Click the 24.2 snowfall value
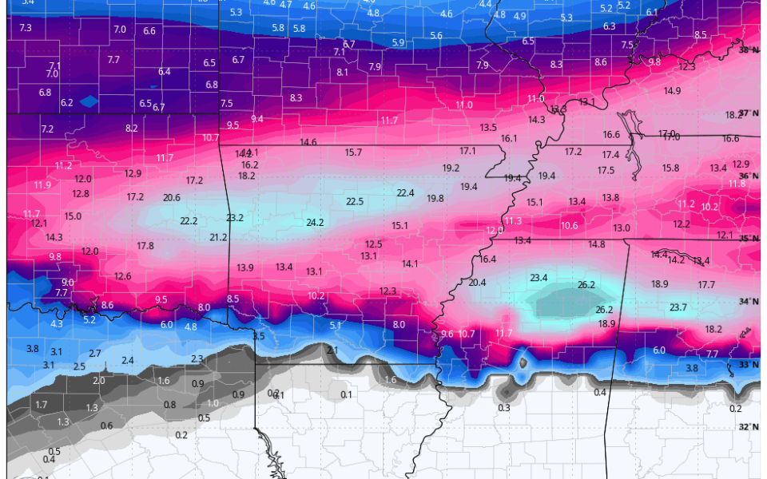click(315, 223)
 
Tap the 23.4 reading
click(538, 278)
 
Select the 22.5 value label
click(355, 201)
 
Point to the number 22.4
click(406, 192)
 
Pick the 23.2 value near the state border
click(235, 217)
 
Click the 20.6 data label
click(172, 197)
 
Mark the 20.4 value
click(477, 283)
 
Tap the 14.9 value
click(672, 91)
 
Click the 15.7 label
click(353, 152)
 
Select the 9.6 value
click(447, 334)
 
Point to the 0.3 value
click(503, 408)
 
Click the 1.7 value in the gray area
click(42, 405)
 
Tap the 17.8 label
click(145, 245)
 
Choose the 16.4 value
click(487, 259)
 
